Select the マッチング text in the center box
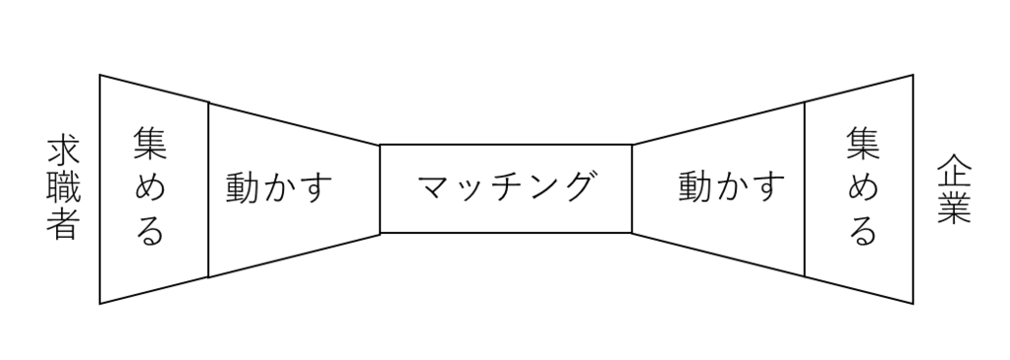[506, 187]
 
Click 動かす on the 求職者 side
[279, 187]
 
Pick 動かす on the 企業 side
[732, 187]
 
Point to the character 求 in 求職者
[62, 152]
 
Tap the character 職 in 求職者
[62, 189]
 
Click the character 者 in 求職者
[62, 226]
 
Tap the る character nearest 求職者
[150, 232]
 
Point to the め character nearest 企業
[863, 188]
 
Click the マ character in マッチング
[431, 187]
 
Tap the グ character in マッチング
[580, 187]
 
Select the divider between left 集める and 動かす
[208, 188]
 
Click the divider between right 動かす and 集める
[805, 188]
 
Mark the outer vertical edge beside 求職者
[100, 188]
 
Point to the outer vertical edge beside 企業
[912, 188]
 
